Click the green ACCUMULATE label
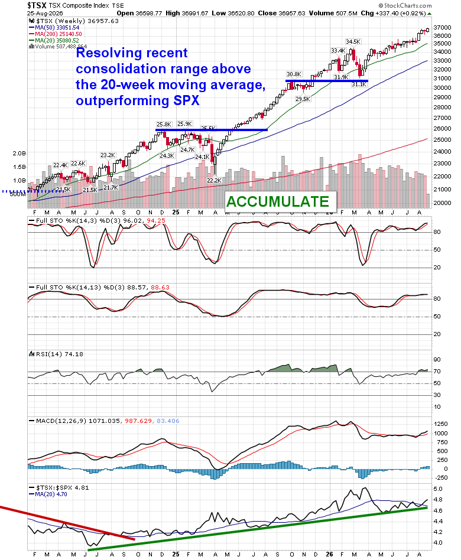coord(278,202)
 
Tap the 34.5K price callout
coord(353,42)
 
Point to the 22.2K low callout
coord(214,181)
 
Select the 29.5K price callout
coord(303,99)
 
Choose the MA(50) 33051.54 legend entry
coord(54,28)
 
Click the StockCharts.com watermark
coord(405,6)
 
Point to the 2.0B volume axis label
coord(20,153)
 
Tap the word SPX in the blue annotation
coord(187,100)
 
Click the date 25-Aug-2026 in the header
coord(45,13)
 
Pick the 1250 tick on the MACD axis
coord(440,424)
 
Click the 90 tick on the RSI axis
coord(437,360)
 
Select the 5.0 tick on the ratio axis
coord(438,489)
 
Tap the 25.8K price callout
coord(164,124)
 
